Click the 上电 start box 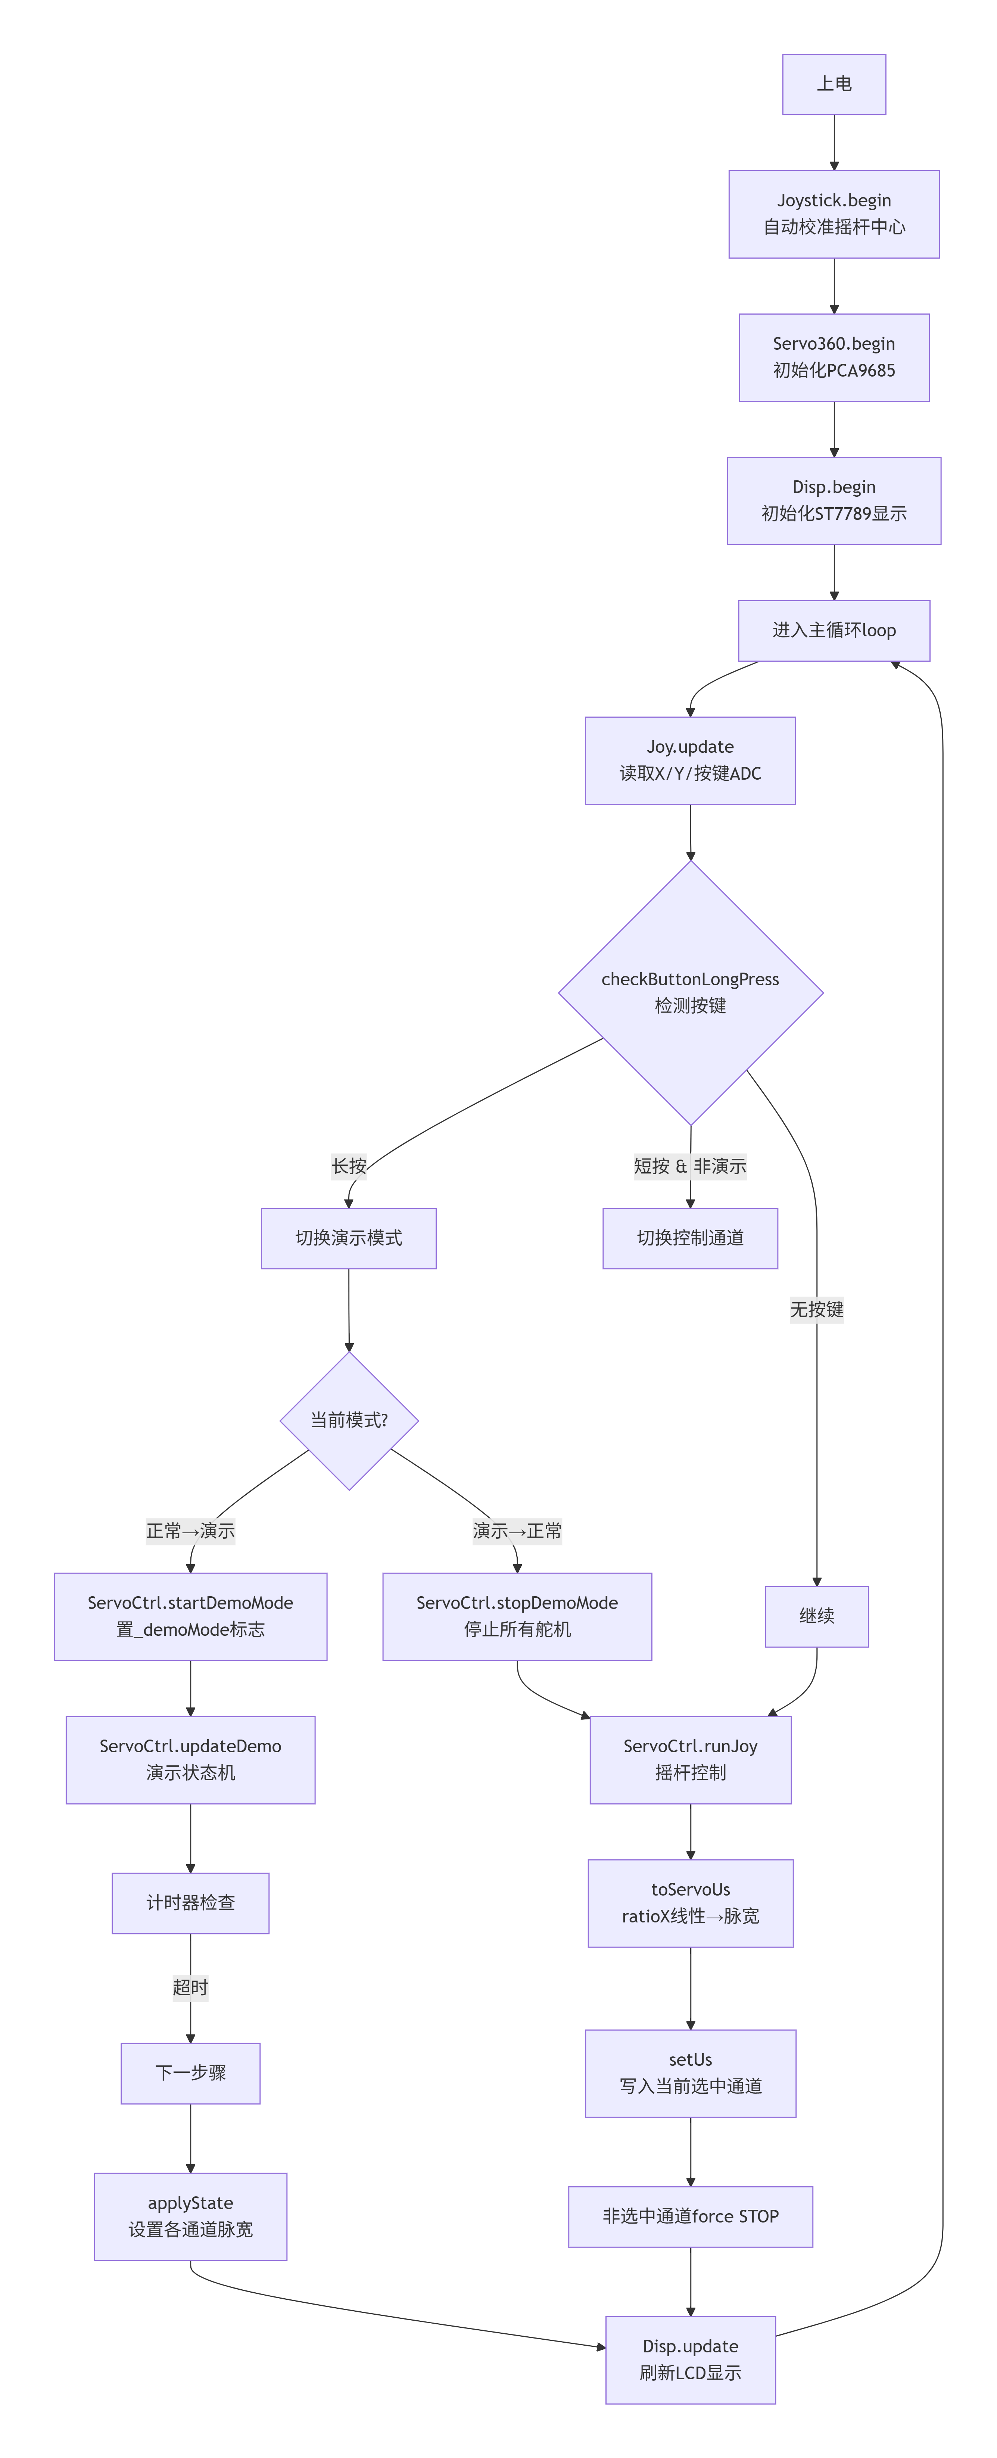pos(834,84)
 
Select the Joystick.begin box pos(834,214)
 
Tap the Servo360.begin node pos(834,357)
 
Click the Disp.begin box pos(834,501)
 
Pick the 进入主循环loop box pos(834,631)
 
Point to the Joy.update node pos(690,761)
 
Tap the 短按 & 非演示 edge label pos(690,1166)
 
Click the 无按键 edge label pos(817,1309)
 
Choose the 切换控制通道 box pos(690,1239)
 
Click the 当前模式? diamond pos(349,1421)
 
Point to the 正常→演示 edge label pos(191,1531)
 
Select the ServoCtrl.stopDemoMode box pos(517,1616)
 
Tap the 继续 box pos(817,1616)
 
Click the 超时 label pos(191,1988)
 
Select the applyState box pos(191,2217)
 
